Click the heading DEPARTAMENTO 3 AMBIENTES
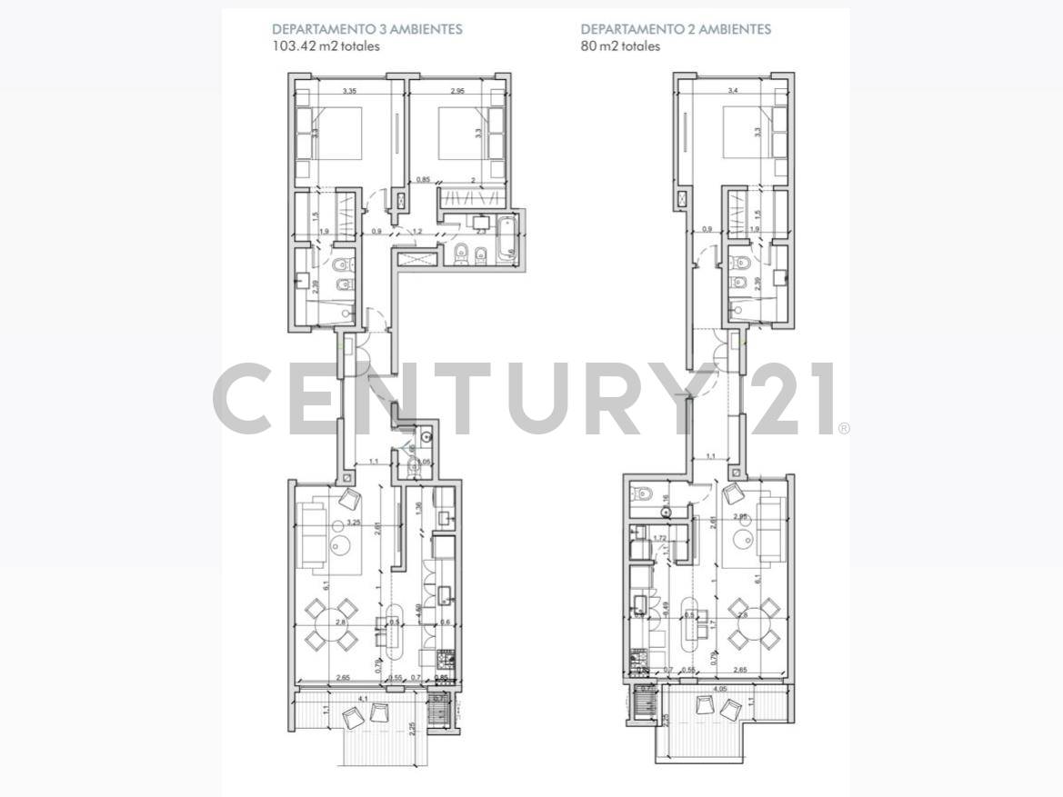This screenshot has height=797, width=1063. click(366, 29)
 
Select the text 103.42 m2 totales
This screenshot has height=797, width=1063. click(326, 46)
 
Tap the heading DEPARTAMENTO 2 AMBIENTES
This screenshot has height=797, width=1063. click(676, 29)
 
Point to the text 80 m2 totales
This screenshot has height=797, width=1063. click(620, 46)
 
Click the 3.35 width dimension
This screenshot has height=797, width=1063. click(350, 91)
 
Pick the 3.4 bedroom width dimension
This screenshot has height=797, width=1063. click(734, 91)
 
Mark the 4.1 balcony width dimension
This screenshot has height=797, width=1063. click(364, 698)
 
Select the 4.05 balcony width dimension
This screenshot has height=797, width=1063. click(721, 689)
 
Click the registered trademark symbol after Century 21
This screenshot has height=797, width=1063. click(844, 427)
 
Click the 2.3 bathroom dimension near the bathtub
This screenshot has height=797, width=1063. click(480, 232)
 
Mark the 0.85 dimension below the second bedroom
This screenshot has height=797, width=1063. click(423, 180)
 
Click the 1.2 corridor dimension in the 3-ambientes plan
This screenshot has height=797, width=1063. click(418, 232)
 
